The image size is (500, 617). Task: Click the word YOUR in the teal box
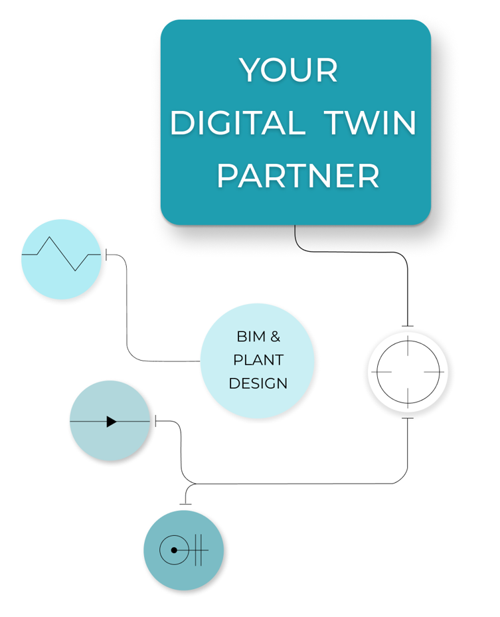(x=290, y=70)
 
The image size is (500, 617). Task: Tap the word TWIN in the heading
(x=371, y=124)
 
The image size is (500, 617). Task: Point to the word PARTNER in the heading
(x=298, y=177)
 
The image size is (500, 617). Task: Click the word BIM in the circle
(x=249, y=337)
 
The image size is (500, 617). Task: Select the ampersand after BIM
(x=276, y=337)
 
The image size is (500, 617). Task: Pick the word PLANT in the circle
(x=258, y=360)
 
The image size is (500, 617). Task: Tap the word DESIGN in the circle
(x=258, y=383)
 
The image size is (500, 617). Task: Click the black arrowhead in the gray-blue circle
(x=112, y=421)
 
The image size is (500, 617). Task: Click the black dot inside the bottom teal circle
(x=174, y=550)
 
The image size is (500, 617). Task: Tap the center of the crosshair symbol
(x=407, y=372)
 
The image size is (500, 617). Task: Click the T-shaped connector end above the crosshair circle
(x=407, y=326)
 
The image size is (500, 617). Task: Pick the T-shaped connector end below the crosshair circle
(x=407, y=418)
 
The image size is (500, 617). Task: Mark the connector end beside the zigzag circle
(x=107, y=254)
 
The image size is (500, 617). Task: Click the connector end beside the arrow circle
(x=156, y=421)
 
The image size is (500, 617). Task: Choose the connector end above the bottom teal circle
(x=185, y=503)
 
